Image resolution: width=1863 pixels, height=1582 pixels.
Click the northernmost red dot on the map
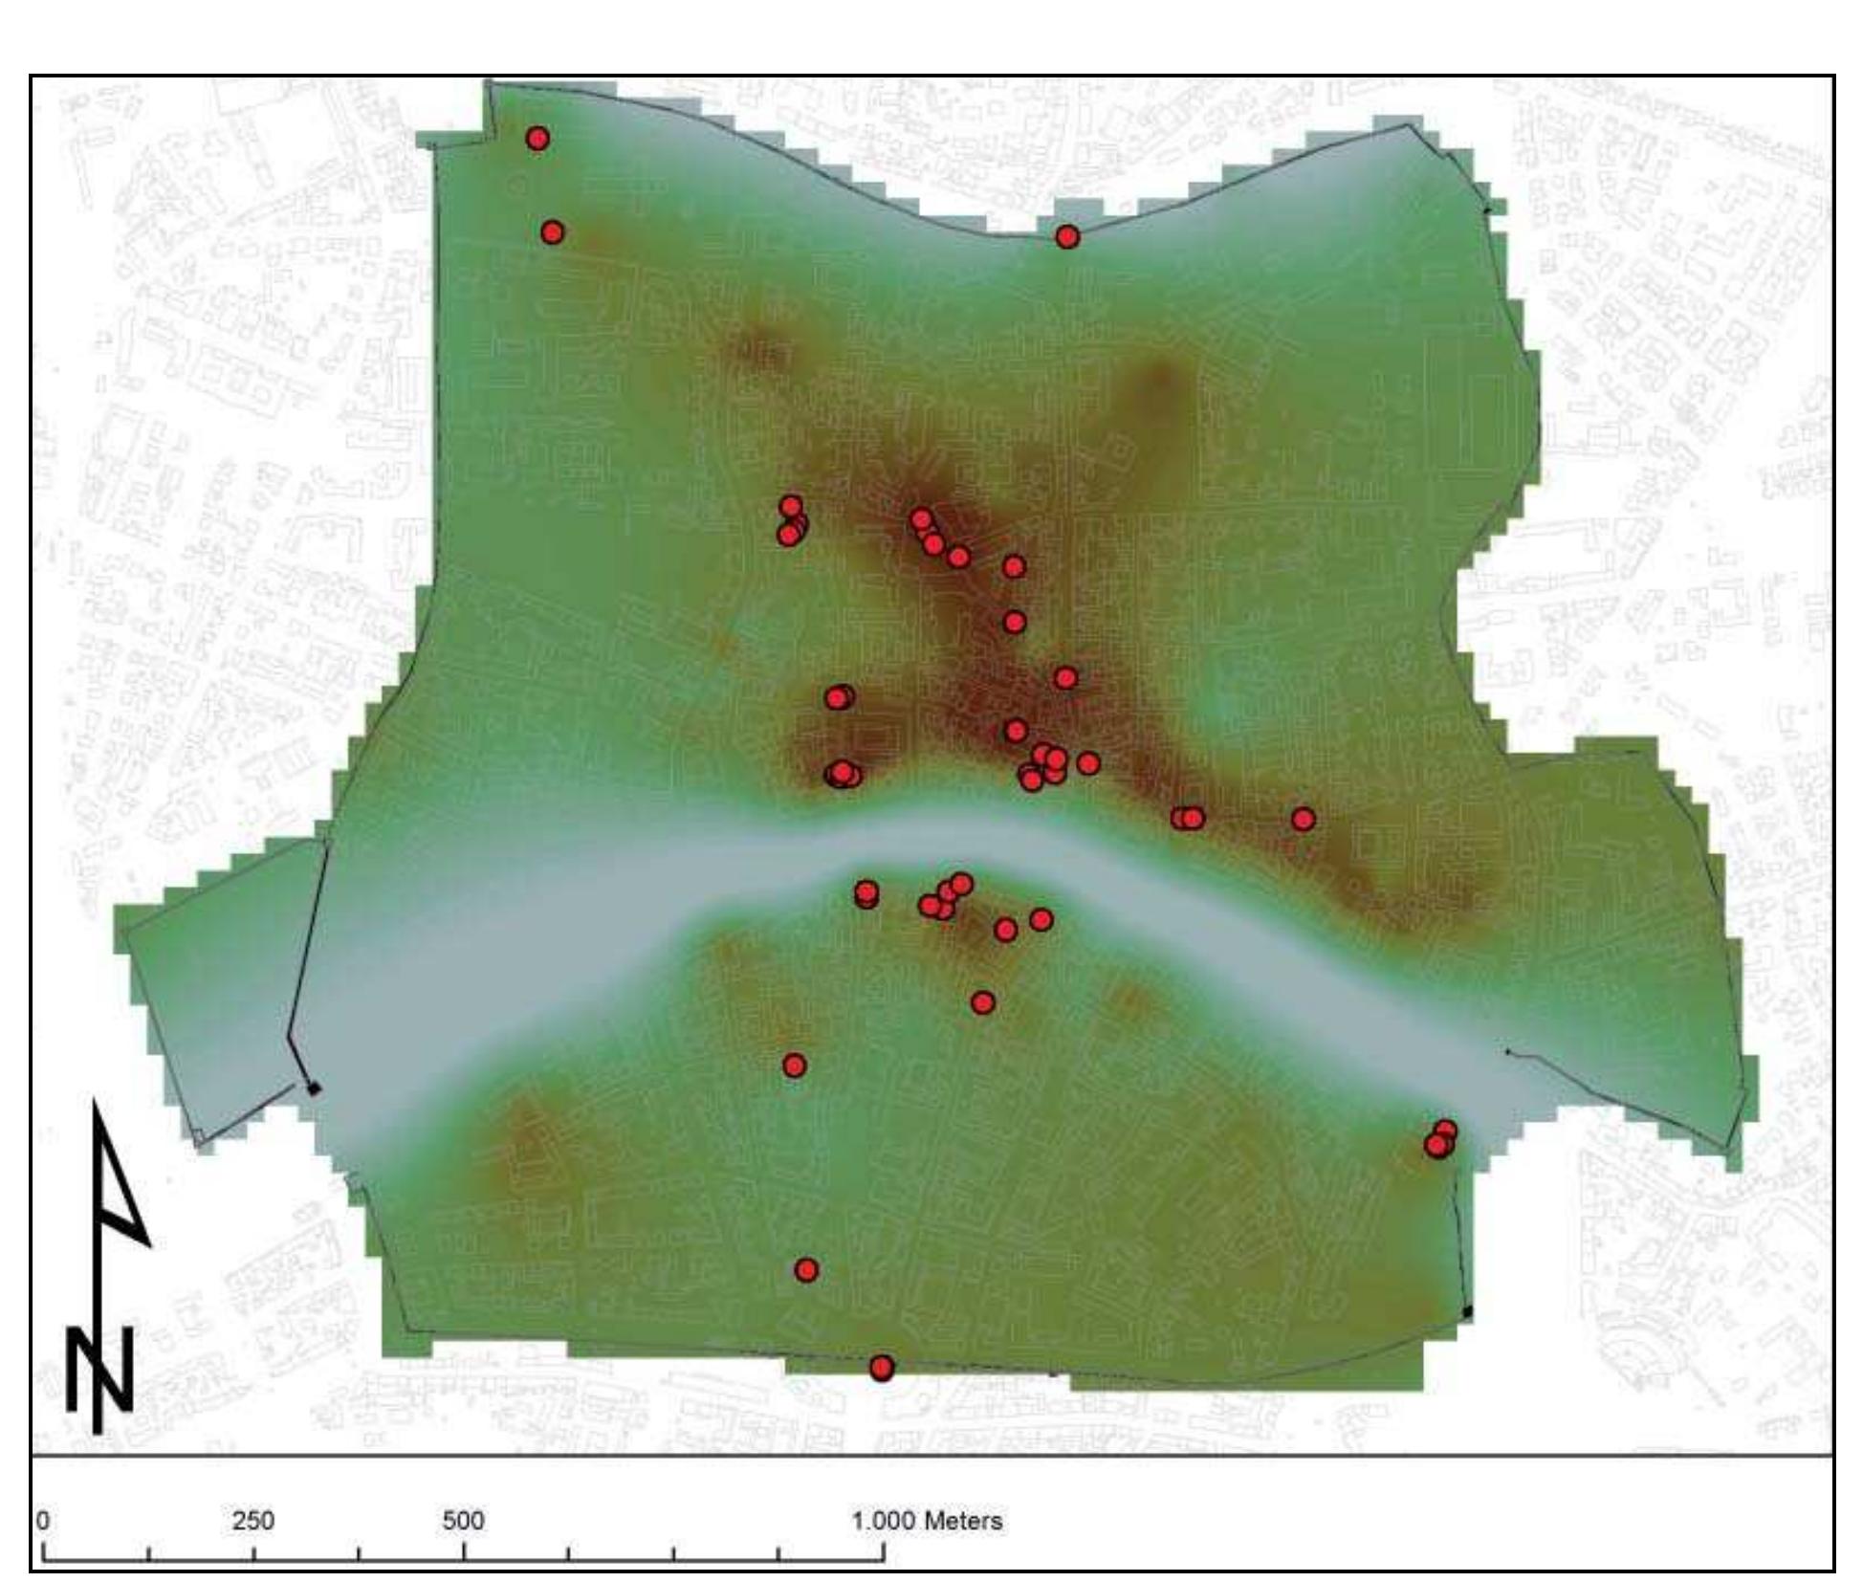(x=537, y=139)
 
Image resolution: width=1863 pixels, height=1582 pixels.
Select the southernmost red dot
(x=882, y=1368)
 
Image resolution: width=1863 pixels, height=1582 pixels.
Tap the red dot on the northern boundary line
(x=1067, y=236)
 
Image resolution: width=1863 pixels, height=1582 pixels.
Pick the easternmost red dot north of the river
(x=1303, y=819)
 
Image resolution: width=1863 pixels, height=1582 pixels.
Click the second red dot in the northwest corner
(x=552, y=232)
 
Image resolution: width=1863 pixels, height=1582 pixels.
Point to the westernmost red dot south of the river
(x=794, y=1066)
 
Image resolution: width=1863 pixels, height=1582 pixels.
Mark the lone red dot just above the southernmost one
(x=806, y=1270)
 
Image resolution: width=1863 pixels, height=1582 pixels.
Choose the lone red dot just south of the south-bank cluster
(x=982, y=1002)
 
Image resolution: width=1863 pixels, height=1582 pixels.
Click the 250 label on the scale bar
(x=252, y=1521)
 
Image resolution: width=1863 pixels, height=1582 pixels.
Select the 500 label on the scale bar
(x=463, y=1521)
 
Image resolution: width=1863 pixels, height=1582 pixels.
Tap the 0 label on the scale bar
(x=43, y=1521)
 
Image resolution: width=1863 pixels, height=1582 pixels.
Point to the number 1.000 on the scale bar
(x=881, y=1521)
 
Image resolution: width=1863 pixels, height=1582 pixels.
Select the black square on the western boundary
(x=313, y=1088)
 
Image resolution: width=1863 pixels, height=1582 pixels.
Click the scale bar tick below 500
(x=464, y=1554)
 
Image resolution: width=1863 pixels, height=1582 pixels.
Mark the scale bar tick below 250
(x=253, y=1554)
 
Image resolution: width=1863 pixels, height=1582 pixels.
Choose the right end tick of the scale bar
(x=883, y=1554)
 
